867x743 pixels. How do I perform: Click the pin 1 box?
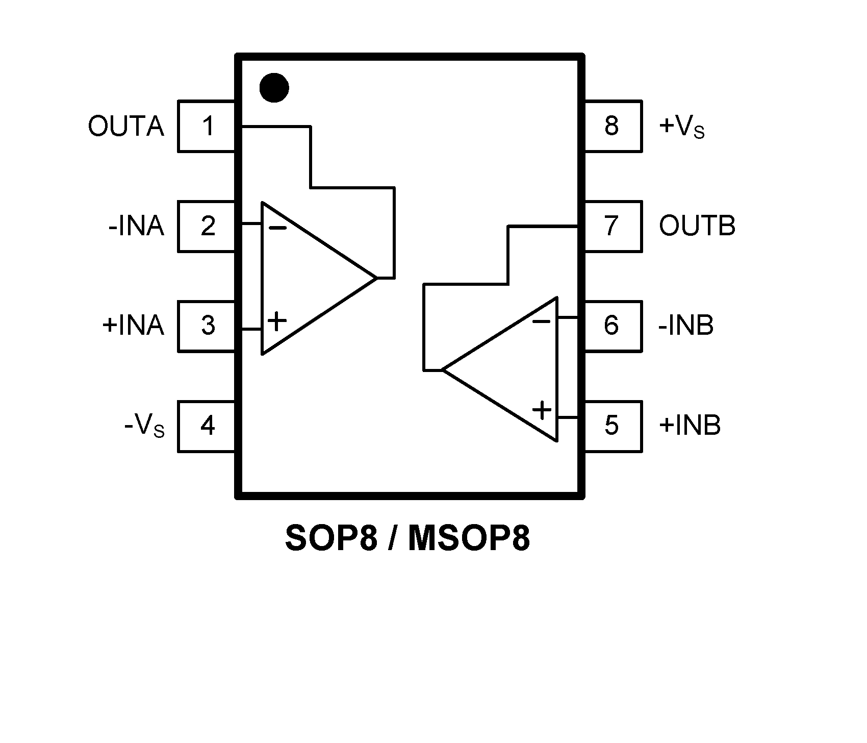(x=207, y=126)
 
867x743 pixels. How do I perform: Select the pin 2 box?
(x=207, y=226)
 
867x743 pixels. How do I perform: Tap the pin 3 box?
(x=207, y=326)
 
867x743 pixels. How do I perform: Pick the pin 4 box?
(x=207, y=426)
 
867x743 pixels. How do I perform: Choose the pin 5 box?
(x=612, y=426)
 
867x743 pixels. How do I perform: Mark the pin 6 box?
(x=612, y=326)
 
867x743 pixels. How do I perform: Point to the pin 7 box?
(x=612, y=226)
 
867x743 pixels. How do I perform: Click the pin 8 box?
(x=612, y=126)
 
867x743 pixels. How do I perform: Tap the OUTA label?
(x=126, y=127)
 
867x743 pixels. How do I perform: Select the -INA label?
(x=136, y=226)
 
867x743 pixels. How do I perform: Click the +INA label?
(x=133, y=326)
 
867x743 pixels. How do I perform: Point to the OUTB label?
(x=697, y=226)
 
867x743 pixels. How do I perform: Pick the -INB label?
(x=686, y=326)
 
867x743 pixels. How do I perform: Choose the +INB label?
(x=690, y=426)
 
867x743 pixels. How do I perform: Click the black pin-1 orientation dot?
(x=274, y=88)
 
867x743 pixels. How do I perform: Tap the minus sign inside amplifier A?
(x=277, y=228)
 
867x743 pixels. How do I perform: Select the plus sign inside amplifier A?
(x=277, y=321)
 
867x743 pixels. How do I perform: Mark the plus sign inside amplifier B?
(x=542, y=410)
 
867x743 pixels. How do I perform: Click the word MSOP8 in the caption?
(x=469, y=539)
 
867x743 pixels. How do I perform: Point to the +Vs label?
(x=682, y=127)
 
